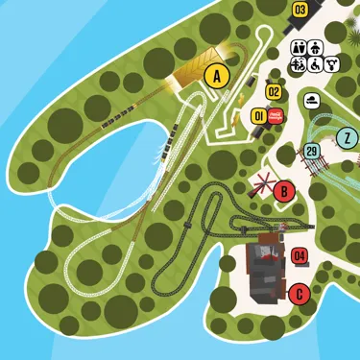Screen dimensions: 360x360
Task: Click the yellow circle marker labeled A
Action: point(218,75)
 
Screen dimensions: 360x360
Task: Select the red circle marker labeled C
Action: point(300,294)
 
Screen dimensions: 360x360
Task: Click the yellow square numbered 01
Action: point(257,116)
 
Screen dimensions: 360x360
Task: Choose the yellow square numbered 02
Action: point(274,92)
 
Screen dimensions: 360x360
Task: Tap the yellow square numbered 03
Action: point(300,11)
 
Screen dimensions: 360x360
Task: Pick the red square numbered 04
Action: point(299,255)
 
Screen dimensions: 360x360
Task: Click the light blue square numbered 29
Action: point(311,152)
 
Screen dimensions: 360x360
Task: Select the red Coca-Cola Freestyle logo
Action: point(275,115)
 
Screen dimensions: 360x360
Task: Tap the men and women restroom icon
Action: point(300,48)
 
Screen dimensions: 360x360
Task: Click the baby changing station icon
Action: point(316,48)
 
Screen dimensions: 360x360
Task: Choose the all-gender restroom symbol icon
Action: point(332,64)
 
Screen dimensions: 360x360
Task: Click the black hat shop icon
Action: point(312,100)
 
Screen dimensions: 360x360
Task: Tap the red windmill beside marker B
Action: point(260,185)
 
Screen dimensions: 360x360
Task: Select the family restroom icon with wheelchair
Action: point(300,64)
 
